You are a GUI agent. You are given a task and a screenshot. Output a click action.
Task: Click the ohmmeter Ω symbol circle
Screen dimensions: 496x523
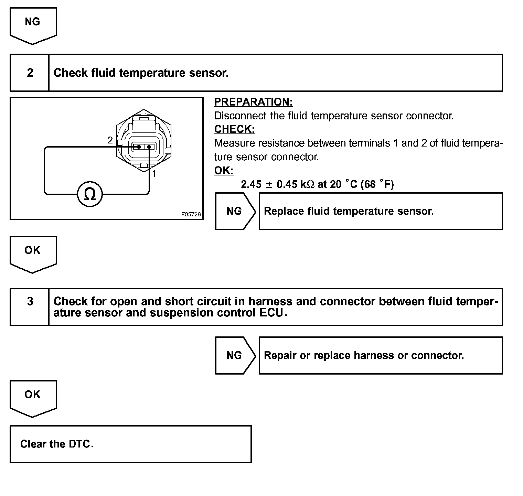tap(90, 194)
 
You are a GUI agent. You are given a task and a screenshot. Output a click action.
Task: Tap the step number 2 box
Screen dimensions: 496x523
tap(30, 73)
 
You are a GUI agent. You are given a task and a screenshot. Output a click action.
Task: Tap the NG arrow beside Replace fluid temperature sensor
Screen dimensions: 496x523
tap(235, 211)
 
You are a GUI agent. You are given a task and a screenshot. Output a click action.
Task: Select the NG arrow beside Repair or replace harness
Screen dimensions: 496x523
tap(235, 355)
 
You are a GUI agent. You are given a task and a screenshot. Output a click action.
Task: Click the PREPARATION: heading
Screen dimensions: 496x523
tap(254, 102)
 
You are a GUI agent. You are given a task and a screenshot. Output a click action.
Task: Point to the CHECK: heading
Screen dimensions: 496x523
tap(234, 129)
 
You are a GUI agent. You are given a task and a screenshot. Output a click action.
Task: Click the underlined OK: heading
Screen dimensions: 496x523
tap(224, 171)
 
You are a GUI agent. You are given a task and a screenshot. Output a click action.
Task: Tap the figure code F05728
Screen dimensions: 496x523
tap(191, 214)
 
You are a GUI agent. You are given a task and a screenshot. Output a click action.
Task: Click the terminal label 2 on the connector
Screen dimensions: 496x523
tap(110, 140)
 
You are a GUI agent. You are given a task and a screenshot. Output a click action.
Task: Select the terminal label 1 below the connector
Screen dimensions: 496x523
tap(154, 174)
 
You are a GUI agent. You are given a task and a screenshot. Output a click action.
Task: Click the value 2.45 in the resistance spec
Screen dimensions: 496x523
tap(251, 184)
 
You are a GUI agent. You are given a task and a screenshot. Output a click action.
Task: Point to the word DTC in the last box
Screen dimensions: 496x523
tap(80, 444)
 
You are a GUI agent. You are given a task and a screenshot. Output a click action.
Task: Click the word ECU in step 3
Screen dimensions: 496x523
tap(274, 313)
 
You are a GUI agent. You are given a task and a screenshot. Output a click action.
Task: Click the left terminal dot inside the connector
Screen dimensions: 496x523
tap(139, 147)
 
